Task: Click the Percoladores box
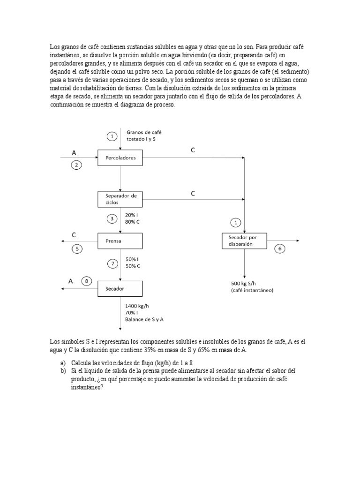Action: point(120,158)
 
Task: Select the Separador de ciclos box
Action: point(120,199)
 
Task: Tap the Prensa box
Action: point(120,241)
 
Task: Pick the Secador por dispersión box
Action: point(244,240)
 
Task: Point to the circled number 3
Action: point(112,218)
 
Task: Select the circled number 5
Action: point(77,249)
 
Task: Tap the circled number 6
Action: point(280,249)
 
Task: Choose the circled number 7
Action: point(112,263)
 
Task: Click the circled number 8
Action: point(86,281)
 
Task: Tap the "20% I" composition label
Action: point(132,215)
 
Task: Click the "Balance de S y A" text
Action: point(147,319)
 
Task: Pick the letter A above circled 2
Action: point(74,153)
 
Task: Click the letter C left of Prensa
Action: point(74,234)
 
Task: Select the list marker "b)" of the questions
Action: point(63,370)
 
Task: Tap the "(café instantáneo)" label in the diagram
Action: point(252,290)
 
